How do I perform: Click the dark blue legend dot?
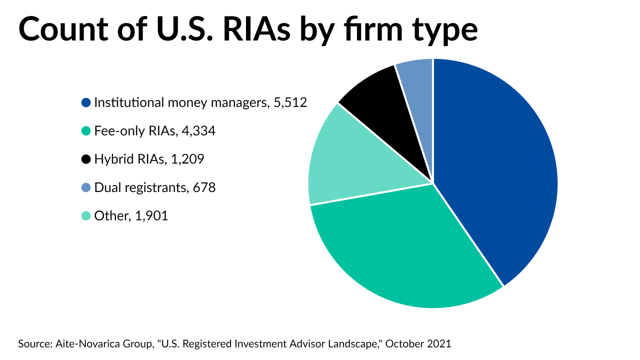(x=86, y=103)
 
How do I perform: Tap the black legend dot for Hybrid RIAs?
(x=86, y=159)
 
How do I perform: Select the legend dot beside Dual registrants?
(x=86, y=188)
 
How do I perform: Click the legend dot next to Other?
(x=86, y=216)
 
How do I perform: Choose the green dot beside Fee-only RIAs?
(x=86, y=131)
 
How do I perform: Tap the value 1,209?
(x=187, y=159)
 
